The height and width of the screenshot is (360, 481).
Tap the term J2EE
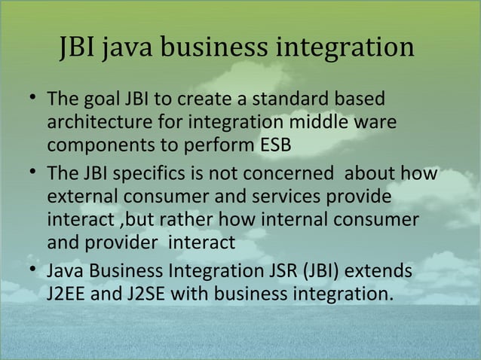(x=65, y=291)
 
